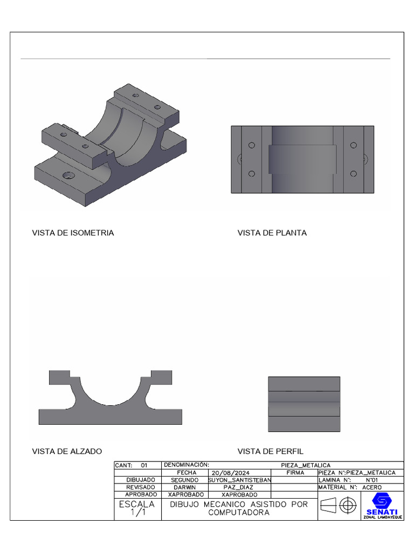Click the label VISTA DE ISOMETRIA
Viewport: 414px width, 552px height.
[73, 233]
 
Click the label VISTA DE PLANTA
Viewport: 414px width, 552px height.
[272, 233]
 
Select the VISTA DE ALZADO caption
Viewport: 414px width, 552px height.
[67, 451]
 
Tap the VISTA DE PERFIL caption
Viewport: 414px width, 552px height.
[271, 451]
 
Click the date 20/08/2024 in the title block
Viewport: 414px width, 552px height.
[230, 472]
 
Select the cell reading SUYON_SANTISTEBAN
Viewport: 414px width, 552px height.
[239, 480]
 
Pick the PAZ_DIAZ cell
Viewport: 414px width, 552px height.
[238, 487]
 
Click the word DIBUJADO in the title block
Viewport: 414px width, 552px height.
[141, 480]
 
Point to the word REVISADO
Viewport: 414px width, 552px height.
[141, 487]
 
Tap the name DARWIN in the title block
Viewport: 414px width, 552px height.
[185, 487]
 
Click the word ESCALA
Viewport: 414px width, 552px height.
[137, 505]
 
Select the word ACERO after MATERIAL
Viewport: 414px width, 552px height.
[372, 487]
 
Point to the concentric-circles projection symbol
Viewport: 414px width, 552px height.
[348, 506]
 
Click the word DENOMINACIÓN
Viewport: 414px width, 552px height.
[186, 465]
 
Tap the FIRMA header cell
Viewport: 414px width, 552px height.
[295, 472]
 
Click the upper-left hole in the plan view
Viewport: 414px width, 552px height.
[251, 146]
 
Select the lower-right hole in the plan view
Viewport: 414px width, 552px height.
[353, 174]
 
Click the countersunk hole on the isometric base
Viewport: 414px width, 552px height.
[68, 176]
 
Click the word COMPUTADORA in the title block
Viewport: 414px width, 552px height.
[239, 513]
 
